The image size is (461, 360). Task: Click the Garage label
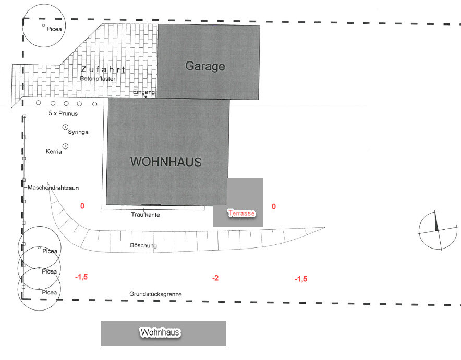[205, 66]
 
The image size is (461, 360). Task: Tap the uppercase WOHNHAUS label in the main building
[166, 162]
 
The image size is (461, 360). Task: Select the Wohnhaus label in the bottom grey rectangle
[160, 332]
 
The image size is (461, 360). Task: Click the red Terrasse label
[241, 213]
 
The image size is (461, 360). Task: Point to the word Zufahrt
[103, 70]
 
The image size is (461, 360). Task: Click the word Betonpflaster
[98, 79]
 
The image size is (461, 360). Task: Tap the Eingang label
[144, 92]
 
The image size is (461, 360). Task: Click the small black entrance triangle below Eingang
[146, 97]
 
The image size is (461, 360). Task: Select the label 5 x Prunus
[63, 114]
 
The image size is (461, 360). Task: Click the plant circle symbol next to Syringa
[65, 127]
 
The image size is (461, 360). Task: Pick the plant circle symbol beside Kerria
[65, 146]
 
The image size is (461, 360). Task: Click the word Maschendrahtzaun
[53, 188]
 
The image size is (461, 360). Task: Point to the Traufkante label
[145, 215]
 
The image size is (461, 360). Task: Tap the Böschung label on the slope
[143, 245]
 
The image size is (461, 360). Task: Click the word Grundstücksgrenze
[155, 294]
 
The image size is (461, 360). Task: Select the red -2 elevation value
[215, 278]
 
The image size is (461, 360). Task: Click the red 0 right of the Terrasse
[274, 206]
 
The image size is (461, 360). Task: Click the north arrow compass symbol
[438, 230]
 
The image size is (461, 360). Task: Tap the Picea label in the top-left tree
[54, 29]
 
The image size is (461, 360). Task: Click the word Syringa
[78, 132]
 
